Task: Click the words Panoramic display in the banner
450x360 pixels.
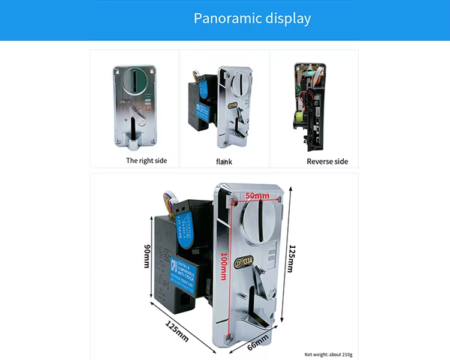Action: pos(252,18)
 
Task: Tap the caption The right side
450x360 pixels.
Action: pos(146,161)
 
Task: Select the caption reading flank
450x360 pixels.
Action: pos(224,161)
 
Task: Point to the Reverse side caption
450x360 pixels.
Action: pos(327,161)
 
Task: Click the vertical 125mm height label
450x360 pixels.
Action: pos(290,258)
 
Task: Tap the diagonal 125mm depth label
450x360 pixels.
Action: pos(178,331)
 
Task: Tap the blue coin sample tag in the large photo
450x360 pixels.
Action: pos(184,230)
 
